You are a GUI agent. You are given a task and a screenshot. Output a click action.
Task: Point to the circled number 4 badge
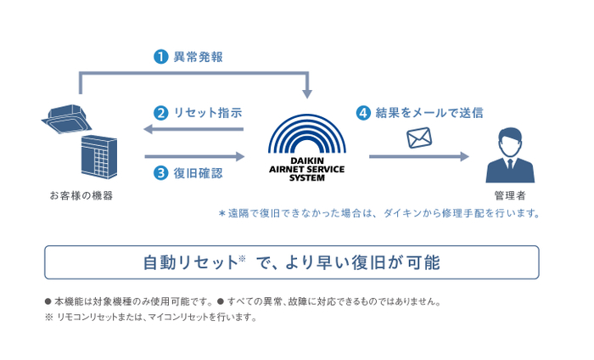pyautogui.click(x=363, y=112)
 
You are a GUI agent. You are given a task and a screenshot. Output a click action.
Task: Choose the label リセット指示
pyautogui.click(x=207, y=112)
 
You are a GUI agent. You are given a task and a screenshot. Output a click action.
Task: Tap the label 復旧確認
pyautogui.click(x=198, y=172)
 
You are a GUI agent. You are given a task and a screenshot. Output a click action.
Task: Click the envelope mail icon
pyautogui.click(x=419, y=138)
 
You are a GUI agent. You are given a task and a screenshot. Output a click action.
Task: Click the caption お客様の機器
pyautogui.click(x=81, y=195)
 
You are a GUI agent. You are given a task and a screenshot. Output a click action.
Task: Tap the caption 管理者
pyautogui.click(x=510, y=195)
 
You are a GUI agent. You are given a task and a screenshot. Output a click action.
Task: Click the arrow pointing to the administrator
pyautogui.click(x=418, y=156)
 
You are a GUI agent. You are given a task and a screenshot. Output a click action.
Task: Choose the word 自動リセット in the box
pyautogui.click(x=190, y=262)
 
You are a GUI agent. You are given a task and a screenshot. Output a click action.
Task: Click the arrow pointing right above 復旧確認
pyautogui.click(x=194, y=156)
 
